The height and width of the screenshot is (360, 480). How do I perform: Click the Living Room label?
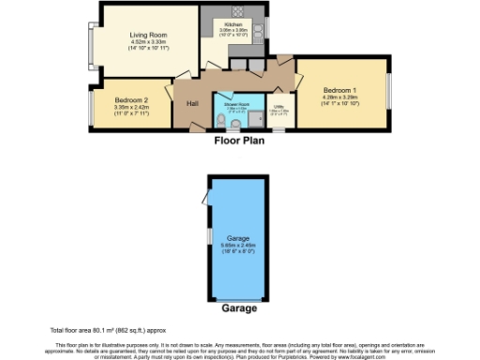(x=148, y=34)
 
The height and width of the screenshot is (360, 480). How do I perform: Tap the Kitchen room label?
(x=233, y=25)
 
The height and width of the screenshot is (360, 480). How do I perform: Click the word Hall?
(x=193, y=103)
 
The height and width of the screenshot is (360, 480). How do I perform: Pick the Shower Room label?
(x=236, y=104)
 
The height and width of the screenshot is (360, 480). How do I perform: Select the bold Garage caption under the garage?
(x=240, y=307)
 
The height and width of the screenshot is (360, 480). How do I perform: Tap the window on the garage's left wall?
(x=207, y=235)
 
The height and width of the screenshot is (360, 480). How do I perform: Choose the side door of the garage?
(x=205, y=198)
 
